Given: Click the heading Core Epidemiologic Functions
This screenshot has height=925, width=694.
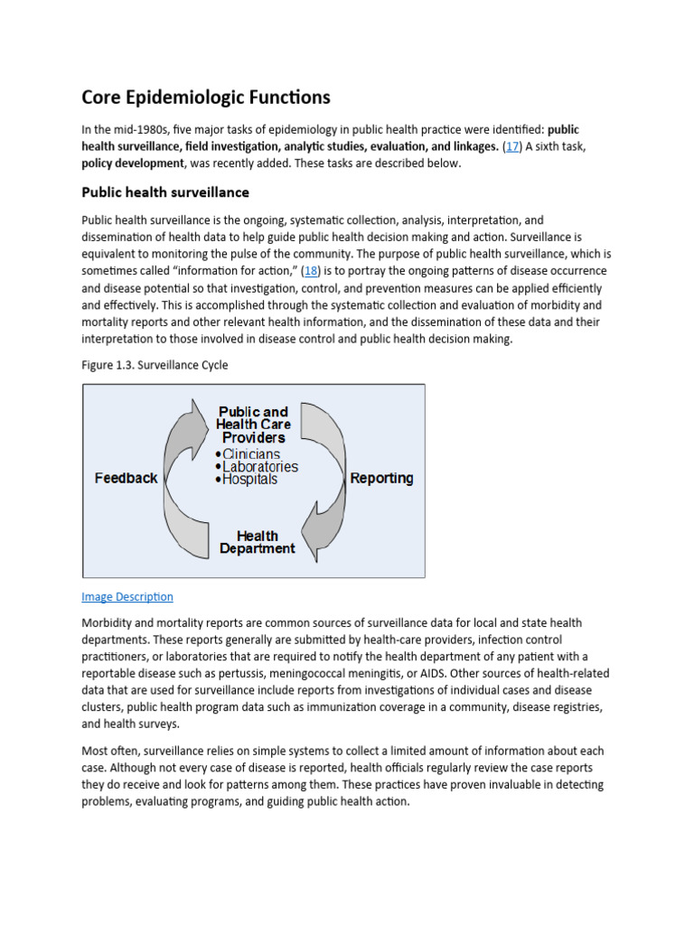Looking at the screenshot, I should [x=206, y=97].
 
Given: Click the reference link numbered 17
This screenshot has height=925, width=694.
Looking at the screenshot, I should [x=511, y=146].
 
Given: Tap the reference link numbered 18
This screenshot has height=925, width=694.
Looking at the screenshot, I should [x=311, y=271].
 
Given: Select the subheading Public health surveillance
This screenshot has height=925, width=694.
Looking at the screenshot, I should [x=165, y=192].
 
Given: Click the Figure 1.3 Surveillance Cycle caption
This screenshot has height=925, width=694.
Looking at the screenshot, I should [x=155, y=365].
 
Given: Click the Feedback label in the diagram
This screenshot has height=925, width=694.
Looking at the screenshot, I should [x=126, y=478].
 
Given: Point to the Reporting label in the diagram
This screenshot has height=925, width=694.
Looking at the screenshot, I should [x=381, y=478].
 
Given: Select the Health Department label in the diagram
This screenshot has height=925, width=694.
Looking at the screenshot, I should [x=257, y=542].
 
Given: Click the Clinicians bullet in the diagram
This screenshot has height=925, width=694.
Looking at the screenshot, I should [x=250, y=453].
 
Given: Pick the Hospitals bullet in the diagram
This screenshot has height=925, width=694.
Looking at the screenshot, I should [x=246, y=480].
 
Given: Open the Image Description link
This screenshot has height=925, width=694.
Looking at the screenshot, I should [x=127, y=597].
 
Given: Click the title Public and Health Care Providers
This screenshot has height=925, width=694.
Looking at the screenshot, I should [x=253, y=425].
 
